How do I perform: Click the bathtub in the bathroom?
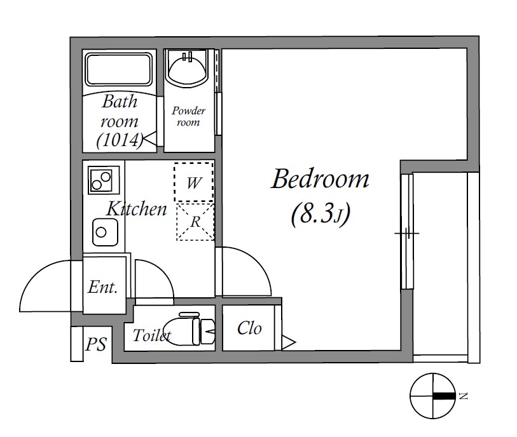coord(119,69)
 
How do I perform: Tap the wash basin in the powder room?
coord(186,67)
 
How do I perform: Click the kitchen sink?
coord(105,232)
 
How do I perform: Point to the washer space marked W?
coord(194,182)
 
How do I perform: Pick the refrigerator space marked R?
coord(195,222)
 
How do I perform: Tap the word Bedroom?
coord(320,179)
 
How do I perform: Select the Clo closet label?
coord(249,328)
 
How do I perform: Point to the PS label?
coord(96,344)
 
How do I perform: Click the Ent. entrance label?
coord(102,287)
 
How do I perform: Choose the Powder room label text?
coord(188,116)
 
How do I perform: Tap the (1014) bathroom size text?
coord(120,140)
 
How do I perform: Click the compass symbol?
coord(432,396)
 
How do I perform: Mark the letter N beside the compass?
coord(464,396)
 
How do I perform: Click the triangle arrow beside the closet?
coord(289,342)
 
